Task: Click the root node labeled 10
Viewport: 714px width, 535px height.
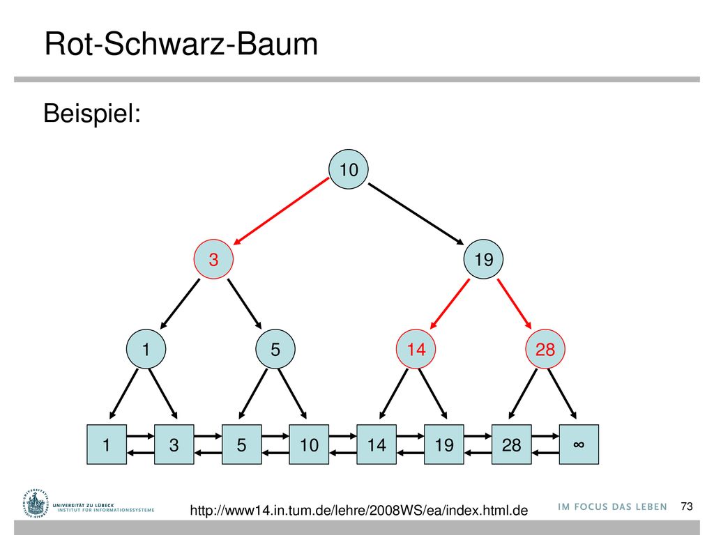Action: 349,169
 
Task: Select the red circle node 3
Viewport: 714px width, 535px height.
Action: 213,259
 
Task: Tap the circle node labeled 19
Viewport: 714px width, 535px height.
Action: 483,259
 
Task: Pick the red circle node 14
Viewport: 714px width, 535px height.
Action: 416,349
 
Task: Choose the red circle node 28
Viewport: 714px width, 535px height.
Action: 545,349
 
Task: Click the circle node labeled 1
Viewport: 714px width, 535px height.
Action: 146,349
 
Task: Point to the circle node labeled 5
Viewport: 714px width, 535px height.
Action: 275,349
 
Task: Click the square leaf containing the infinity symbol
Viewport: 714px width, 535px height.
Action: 579,444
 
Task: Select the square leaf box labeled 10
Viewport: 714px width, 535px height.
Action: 309,444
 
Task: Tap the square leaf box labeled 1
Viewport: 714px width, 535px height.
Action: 107,444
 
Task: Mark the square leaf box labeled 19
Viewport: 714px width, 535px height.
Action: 444,444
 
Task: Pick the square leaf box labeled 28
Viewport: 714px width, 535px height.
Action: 511,444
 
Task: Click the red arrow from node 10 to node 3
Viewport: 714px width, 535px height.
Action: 281,211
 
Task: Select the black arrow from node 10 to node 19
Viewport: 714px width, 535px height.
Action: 416,214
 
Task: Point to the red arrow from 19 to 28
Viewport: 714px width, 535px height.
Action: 515,304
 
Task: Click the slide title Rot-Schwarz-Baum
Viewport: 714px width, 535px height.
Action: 181,44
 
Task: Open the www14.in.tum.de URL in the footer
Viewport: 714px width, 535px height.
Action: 359,510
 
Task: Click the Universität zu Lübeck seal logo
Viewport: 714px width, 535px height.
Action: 35,504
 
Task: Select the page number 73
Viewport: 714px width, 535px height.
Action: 687,506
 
